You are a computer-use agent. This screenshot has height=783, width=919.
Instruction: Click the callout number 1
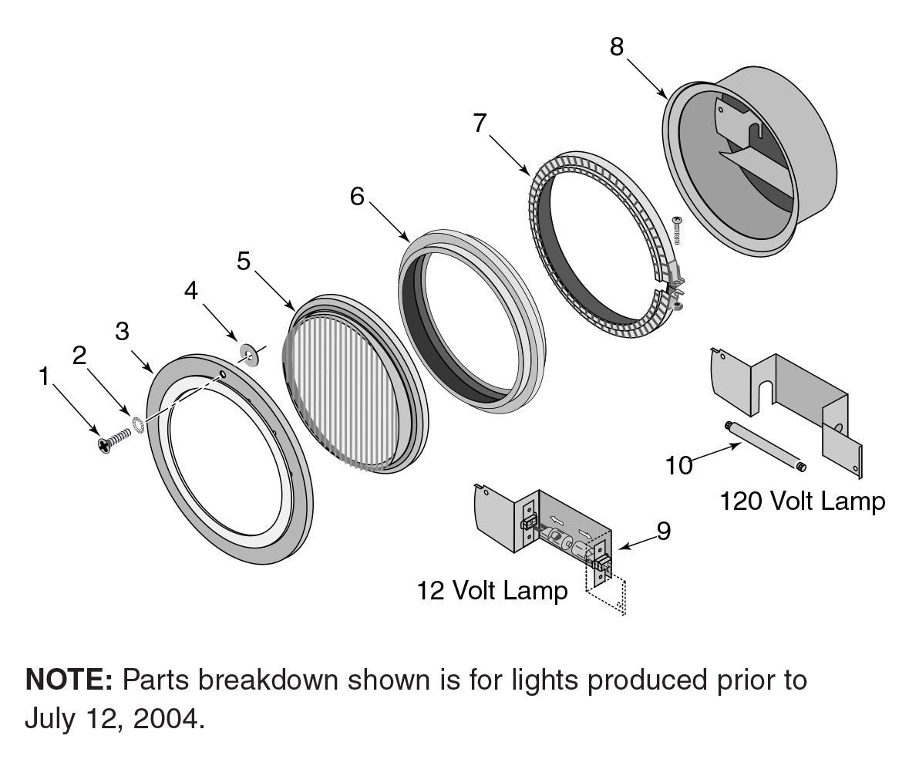(x=44, y=377)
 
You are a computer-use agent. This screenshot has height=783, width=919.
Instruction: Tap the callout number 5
(x=244, y=262)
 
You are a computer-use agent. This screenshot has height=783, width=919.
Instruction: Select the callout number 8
(x=617, y=46)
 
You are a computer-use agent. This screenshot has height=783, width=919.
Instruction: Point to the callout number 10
(x=679, y=465)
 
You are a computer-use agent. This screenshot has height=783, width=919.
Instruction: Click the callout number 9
(x=663, y=531)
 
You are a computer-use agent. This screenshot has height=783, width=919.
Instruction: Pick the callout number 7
(x=480, y=123)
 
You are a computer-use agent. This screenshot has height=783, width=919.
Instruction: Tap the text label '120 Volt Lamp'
(x=803, y=501)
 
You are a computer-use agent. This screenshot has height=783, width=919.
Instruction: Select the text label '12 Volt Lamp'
(x=492, y=591)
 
